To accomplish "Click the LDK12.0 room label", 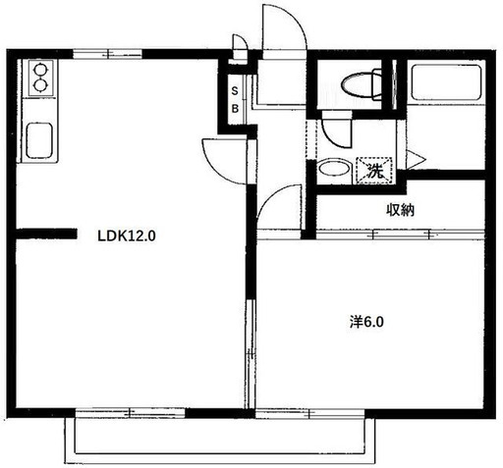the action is click(x=127, y=235).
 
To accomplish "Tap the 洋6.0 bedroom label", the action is click(x=366, y=323).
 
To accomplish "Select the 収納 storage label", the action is click(x=401, y=210).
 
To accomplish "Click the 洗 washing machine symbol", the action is click(x=374, y=171).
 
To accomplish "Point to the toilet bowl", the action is click(x=362, y=85).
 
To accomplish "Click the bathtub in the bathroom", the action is click(x=446, y=82).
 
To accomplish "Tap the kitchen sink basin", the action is click(x=39, y=140).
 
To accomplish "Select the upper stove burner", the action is click(x=40, y=70).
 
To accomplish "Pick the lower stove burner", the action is click(x=40, y=85).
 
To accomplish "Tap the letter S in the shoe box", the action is click(x=235, y=91).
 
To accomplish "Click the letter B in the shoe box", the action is click(x=235, y=109).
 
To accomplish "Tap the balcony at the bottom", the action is click(x=220, y=441).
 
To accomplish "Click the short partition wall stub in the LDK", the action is click(x=46, y=234).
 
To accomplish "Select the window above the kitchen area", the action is click(x=107, y=53).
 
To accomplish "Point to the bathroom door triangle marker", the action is click(x=416, y=160).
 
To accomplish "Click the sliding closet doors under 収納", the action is click(x=400, y=234).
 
